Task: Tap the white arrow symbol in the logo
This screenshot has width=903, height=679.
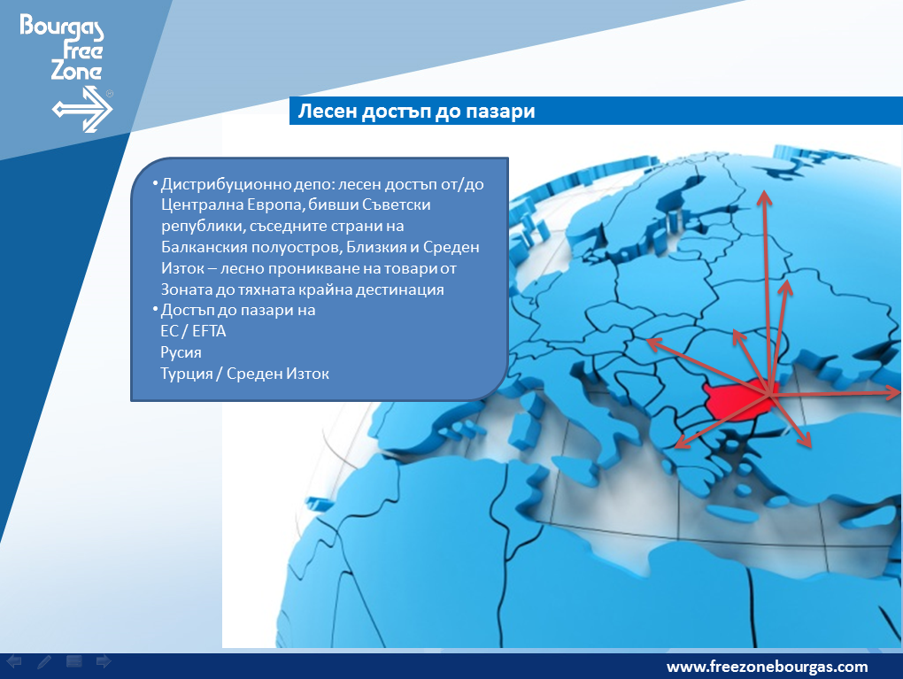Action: click(82, 109)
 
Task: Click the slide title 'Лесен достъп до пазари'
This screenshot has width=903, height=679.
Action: click(416, 111)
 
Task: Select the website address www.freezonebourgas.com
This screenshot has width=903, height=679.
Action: click(767, 667)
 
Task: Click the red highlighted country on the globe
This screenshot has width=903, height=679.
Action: click(737, 399)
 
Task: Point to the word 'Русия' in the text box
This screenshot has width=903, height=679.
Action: click(181, 352)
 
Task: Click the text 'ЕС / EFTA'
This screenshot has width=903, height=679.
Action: click(194, 331)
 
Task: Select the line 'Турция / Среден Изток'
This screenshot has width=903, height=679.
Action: click(244, 374)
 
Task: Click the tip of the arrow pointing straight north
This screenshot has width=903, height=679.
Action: click(764, 190)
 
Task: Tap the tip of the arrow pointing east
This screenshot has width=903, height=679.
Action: click(899, 393)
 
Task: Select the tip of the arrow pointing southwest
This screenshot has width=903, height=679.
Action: click(675, 447)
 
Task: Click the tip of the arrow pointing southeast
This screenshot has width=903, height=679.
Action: click(810, 447)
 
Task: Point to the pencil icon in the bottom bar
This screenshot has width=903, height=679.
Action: click(43, 661)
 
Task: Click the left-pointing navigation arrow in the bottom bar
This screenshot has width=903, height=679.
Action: click(14, 661)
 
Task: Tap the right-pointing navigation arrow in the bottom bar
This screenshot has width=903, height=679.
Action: click(104, 661)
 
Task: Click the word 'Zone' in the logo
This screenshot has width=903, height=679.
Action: click(76, 70)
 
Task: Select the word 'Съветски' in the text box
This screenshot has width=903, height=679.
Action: click(397, 205)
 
